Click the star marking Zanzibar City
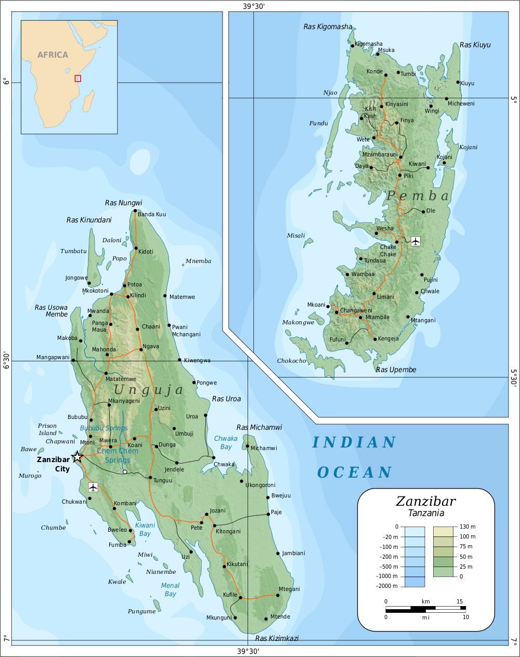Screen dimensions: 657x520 77,457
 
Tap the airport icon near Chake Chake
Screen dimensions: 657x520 415,241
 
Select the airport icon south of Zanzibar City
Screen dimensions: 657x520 93,487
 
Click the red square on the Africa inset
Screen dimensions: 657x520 78,78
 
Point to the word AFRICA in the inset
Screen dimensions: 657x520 53,55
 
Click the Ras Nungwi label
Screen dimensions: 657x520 123,203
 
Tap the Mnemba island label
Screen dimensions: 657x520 199,261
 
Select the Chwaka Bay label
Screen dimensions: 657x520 226,442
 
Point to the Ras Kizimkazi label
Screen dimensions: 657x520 277,638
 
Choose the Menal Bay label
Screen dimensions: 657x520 170,589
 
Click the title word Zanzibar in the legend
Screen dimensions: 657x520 425,501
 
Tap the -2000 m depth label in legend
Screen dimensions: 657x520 387,586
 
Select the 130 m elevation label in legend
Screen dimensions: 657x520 467,527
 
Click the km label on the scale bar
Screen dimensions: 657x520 425,601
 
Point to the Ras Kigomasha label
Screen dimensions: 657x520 328,27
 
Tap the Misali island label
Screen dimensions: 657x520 296,235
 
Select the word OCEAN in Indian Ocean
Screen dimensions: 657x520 355,472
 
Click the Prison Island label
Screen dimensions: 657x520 47,429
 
